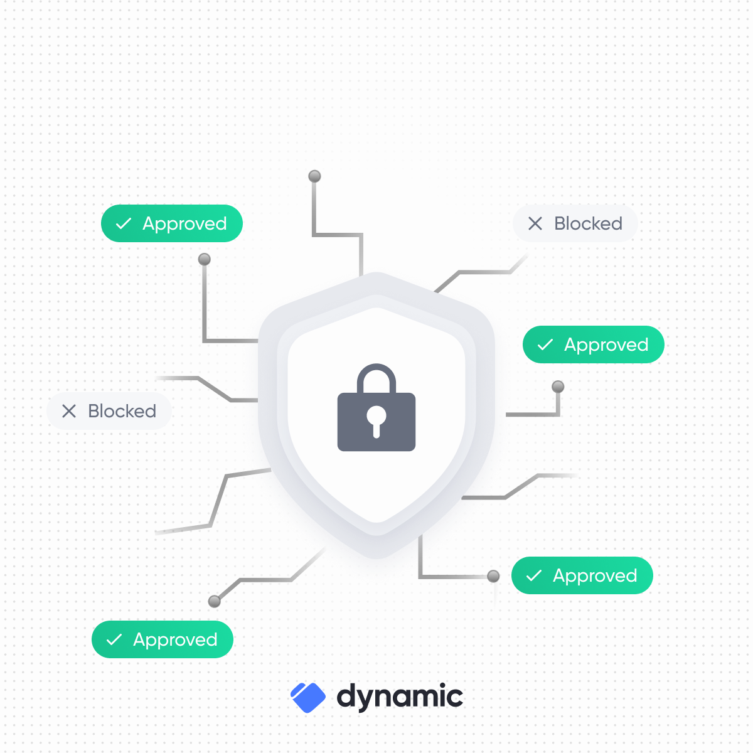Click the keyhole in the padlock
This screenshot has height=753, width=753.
tap(376, 418)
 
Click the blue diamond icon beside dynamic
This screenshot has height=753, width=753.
tap(308, 697)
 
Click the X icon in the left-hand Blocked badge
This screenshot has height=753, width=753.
tap(69, 411)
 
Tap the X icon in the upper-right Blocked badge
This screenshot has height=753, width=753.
tap(535, 223)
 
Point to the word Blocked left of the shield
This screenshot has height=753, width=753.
tap(122, 411)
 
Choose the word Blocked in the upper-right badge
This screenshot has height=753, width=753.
tap(588, 223)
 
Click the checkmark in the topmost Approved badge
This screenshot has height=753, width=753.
tap(124, 223)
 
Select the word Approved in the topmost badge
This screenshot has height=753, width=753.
tap(184, 224)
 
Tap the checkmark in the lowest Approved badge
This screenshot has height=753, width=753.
tap(114, 639)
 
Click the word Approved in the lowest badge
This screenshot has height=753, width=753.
tap(175, 640)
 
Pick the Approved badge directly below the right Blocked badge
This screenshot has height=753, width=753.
tap(593, 344)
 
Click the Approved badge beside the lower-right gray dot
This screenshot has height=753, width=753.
tap(582, 575)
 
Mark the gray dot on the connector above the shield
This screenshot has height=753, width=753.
tap(315, 176)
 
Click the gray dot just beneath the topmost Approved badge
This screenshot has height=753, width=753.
tap(205, 259)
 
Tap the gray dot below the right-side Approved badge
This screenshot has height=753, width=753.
tap(558, 387)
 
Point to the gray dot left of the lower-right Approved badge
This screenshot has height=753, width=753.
tap(494, 576)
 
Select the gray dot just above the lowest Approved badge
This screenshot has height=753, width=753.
tap(215, 601)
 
